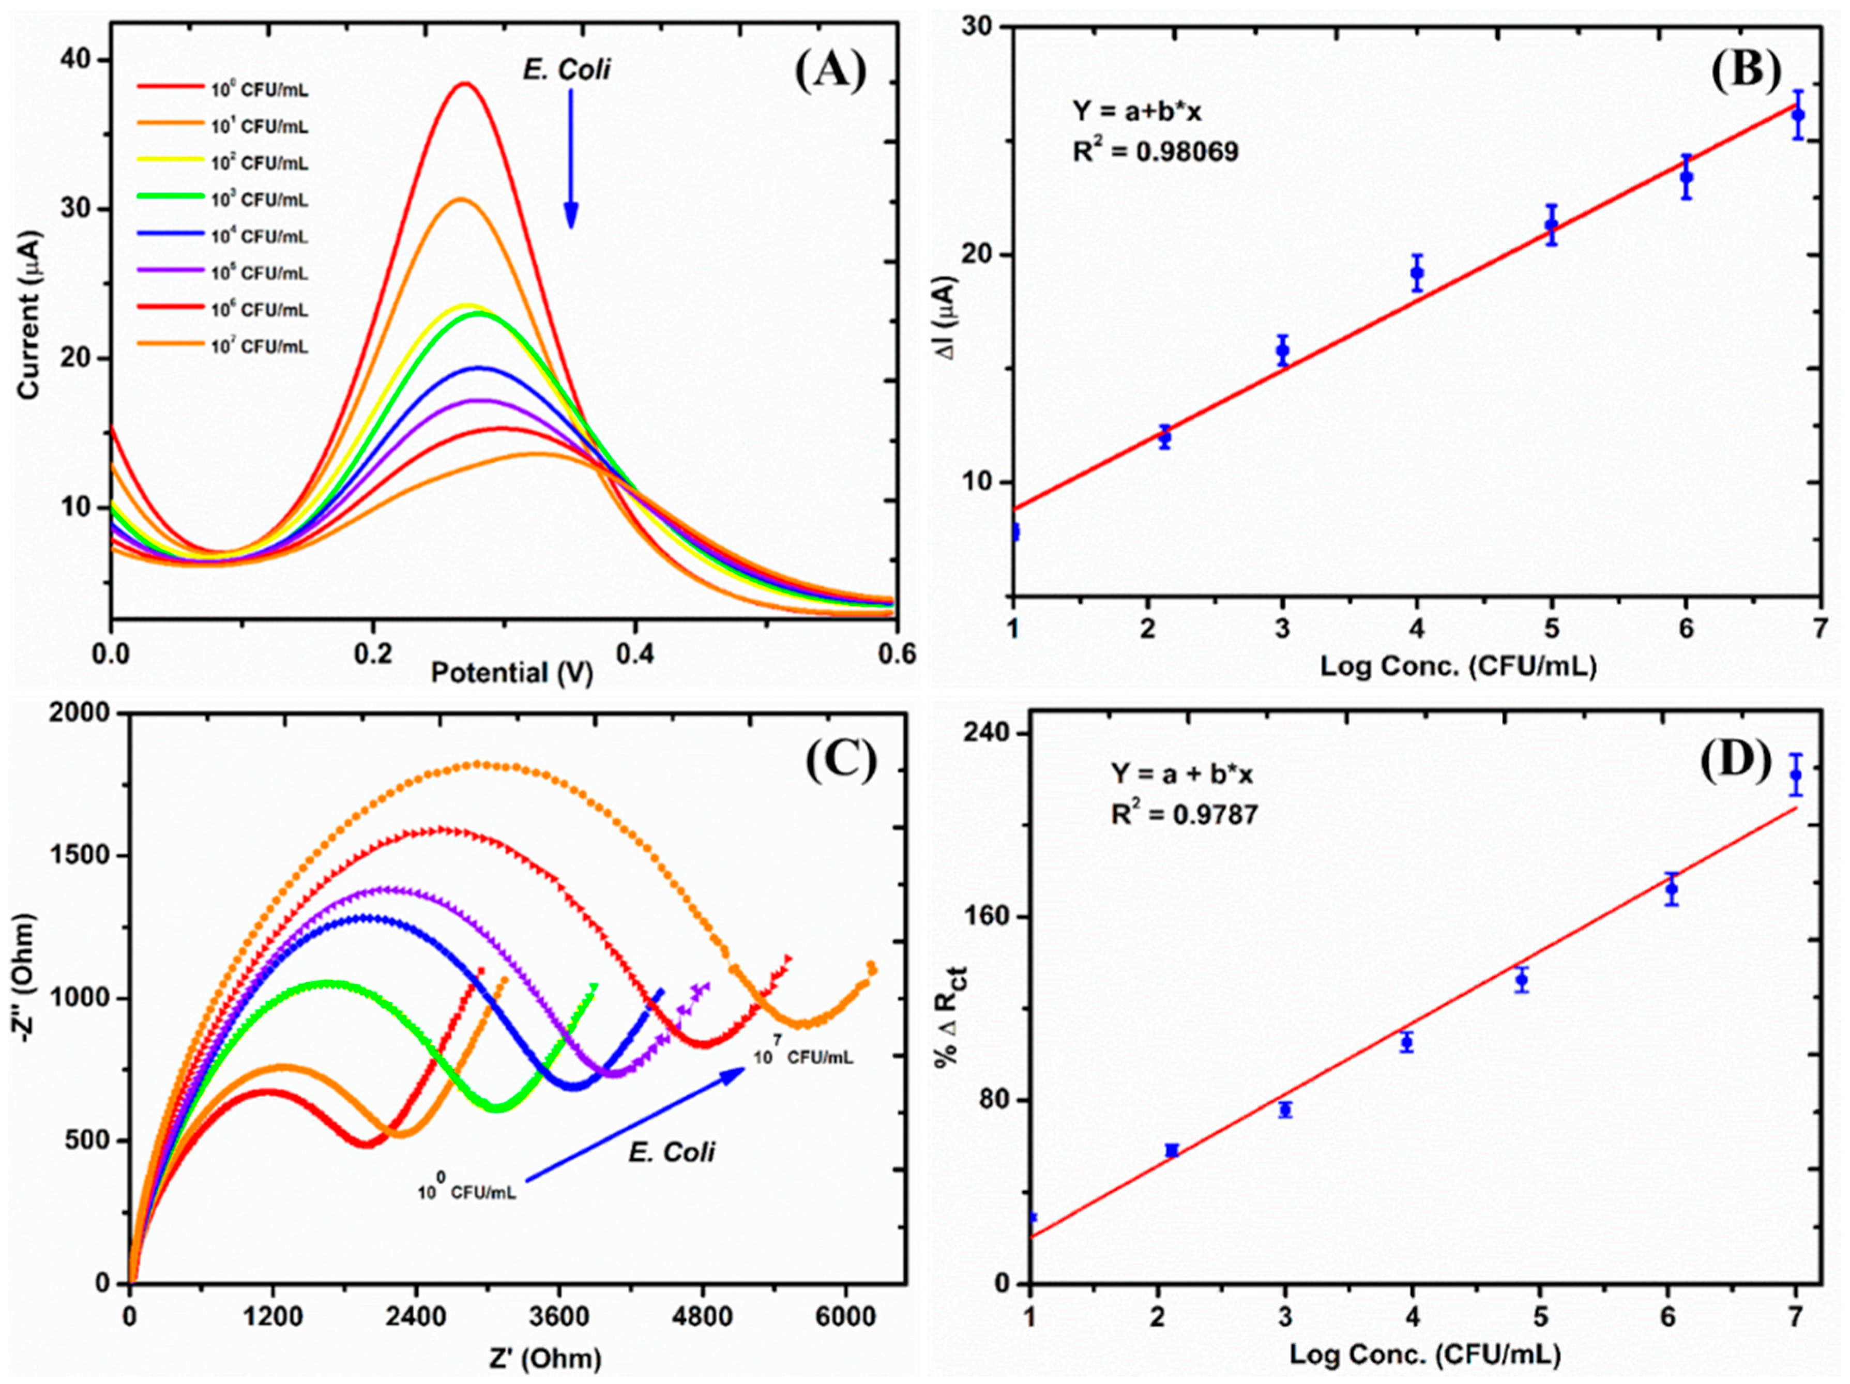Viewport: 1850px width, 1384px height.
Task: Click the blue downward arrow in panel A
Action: point(570,159)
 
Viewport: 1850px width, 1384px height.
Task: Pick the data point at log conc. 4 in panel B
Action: point(1417,272)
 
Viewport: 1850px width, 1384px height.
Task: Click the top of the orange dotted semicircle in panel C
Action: point(478,764)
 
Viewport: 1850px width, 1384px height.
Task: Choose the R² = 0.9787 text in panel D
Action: point(1184,814)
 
